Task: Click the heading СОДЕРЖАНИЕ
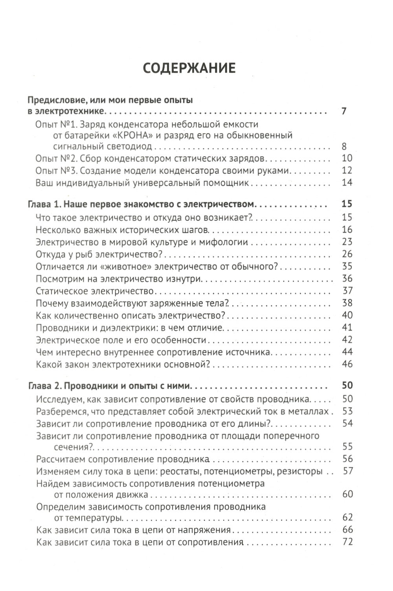click(189, 68)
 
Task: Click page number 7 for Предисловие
click(344, 111)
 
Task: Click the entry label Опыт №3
click(55, 171)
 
